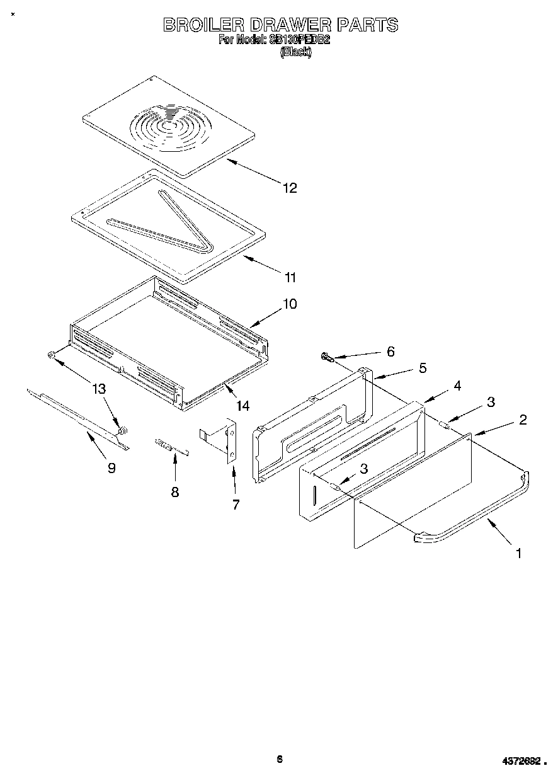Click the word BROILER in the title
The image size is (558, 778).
tap(202, 25)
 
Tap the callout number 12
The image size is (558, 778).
tap(290, 188)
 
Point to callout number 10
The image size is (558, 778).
tap(289, 304)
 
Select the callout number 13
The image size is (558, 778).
tap(99, 389)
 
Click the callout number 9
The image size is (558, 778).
tap(111, 467)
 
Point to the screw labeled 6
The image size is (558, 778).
tap(327, 358)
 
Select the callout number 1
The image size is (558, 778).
tap(518, 554)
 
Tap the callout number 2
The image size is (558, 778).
tap(523, 420)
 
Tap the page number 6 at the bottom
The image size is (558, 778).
tap(280, 758)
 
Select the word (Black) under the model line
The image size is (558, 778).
tap(295, 53)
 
